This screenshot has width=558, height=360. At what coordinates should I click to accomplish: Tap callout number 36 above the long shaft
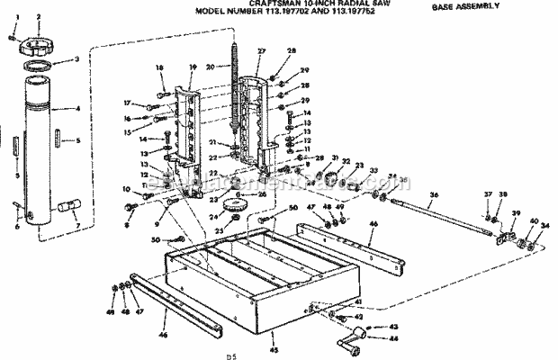pyautogui.click(x=433, y=195)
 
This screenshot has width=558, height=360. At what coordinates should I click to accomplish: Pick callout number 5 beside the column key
pyautogui.click(x=77, y=140)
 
